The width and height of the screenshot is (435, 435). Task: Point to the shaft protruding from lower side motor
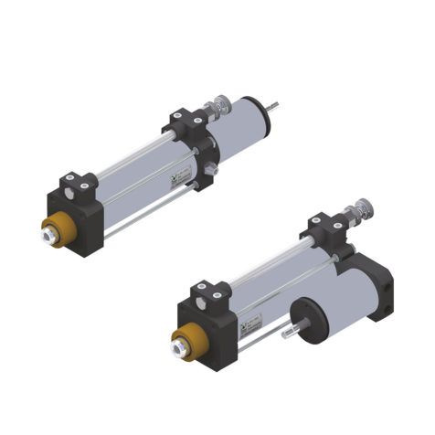click(x=288, y=334)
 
